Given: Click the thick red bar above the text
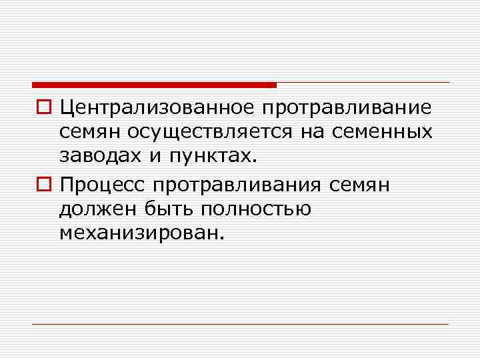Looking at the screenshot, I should tap(153, 85).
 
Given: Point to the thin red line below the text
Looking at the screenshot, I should tap(240, 324).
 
